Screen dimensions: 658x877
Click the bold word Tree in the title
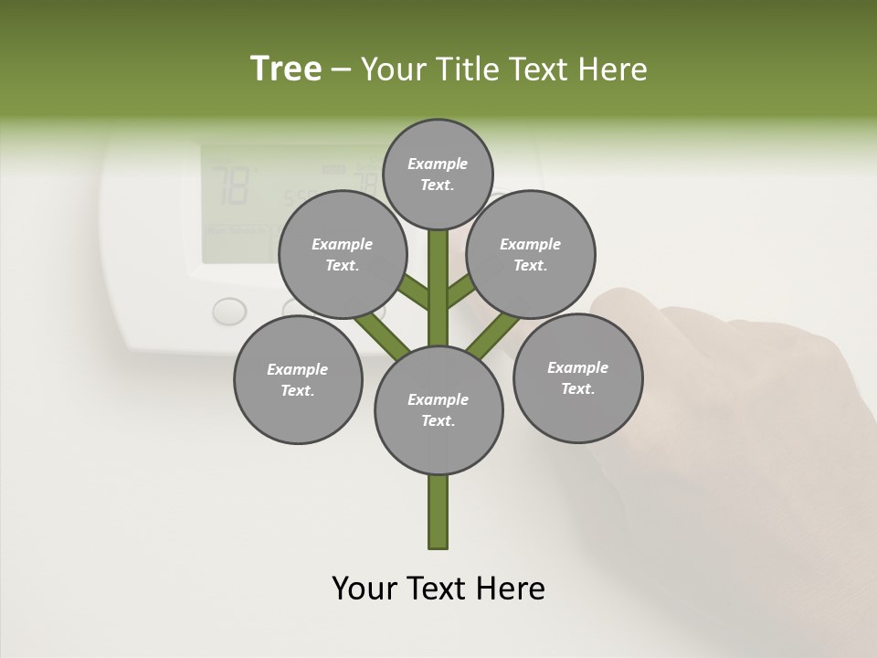pyautogui.click(x=286, y=69)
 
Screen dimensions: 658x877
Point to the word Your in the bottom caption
pyautogui.click(x=365, y=589)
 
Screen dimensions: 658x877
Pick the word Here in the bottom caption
pyautogui.click(x=513, y=589)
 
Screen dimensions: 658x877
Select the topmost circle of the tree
pyautogui.click(x=438, y=174)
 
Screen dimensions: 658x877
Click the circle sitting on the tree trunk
pyautogui.click(x=438, y=409)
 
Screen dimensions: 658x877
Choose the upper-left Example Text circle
pyautogui.click(x=343, y=254)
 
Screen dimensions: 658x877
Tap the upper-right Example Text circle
pyautogui.click(x=531, y=254)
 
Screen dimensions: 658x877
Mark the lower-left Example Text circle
pyautogui.click(x=298, y=379)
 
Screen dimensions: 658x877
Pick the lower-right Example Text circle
pyautogui.click(x=577, y=377)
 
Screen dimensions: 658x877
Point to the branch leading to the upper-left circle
pyautogui.click(x=414, y=292)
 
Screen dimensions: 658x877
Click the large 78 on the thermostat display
pyautogui.click(x=229, y=186)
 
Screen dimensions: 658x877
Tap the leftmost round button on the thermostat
pyautogui.click(x=229, y=311)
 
